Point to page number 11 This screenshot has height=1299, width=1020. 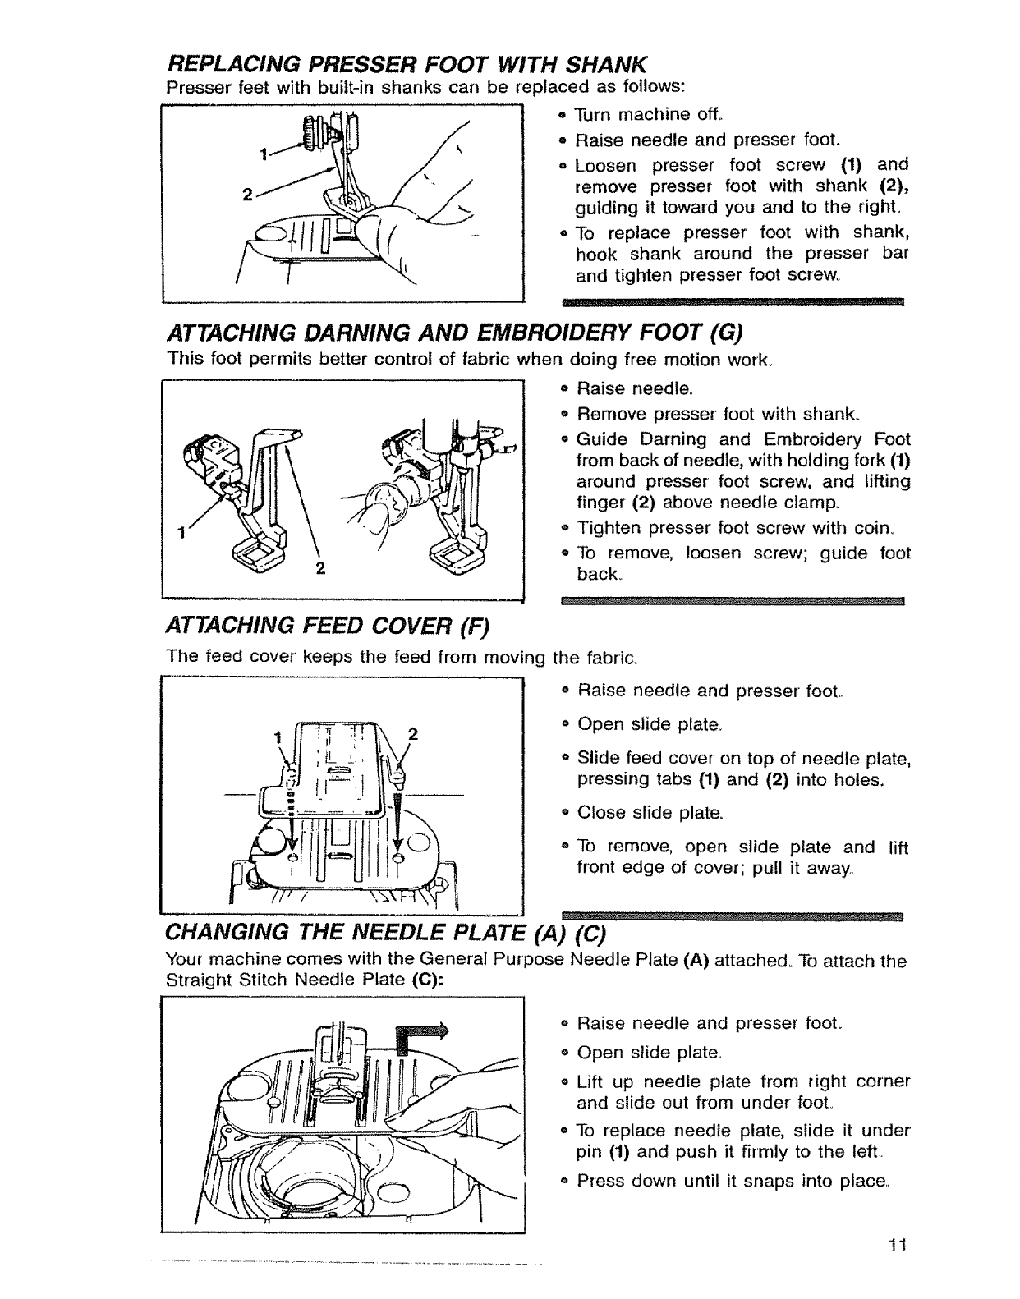click(x=896, y=1245)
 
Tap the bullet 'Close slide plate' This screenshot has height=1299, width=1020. click(x=650, y=813)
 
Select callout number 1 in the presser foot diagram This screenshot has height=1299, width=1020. click(x=264, y=154)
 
